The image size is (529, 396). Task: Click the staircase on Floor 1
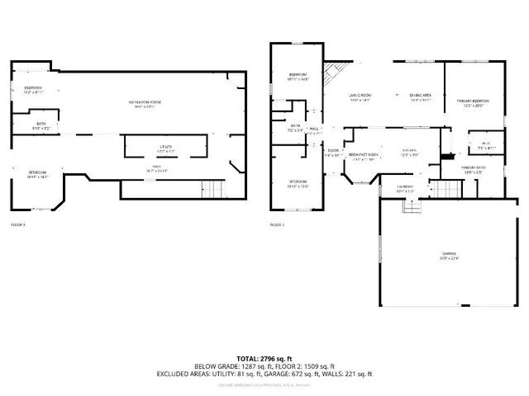(x=213, y=189)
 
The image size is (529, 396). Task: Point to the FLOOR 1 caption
(x=18, y=224)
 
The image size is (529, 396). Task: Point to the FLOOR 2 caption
(x=277, y=224)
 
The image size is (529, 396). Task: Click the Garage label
(x=449, y=255)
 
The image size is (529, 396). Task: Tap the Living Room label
(x=359, y=97)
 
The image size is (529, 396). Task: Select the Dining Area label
(x=421, y=97)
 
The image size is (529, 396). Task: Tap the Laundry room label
(x=405, y=189)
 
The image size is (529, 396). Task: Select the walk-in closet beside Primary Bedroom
(x=484, y=145)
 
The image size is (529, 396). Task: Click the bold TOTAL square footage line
(x=264, y=358)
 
